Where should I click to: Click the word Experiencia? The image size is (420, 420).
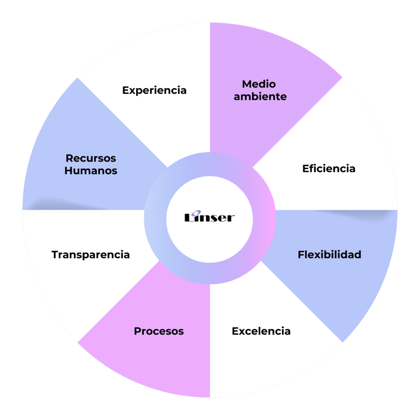pyautogui.click(x=154, y=90)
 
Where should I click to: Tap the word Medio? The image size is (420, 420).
pyautogui.click(x=259, y=84)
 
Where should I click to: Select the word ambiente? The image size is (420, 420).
pyautogui.click(x=260, y=97)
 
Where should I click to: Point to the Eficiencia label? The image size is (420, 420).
pyautogui.click(x=329, y=169)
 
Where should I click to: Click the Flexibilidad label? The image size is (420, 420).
pyautogui.click(x=329, y=255)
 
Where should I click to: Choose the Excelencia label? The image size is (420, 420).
pyautogui.click(x=261, y=331)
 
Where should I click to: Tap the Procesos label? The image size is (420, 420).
pyautogui.click(x=159, y=331)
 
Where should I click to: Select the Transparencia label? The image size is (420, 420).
pyautogui.click(x=91, y=255)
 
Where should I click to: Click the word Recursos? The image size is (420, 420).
pyautogui.click(x=91, y=158)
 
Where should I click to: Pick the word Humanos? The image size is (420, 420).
pyautogui.click(x=91, y=171)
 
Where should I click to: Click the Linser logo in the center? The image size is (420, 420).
pyautogui.click(x=210, y=217)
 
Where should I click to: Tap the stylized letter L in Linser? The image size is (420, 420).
pyautogui.click(x=189, y=217)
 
